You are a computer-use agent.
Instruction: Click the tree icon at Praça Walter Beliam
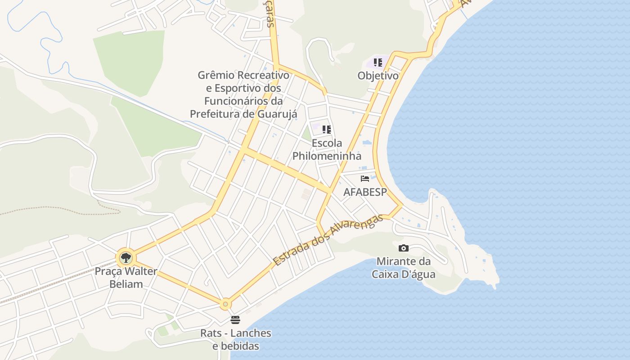[126, 258]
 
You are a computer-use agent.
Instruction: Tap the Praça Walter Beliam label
[126, 278]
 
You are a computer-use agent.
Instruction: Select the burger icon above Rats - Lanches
[235, 320]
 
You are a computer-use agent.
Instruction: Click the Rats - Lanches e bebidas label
[236, 340]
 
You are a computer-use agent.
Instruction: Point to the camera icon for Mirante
[404, 248]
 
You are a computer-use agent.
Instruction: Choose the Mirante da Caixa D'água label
[404, 268]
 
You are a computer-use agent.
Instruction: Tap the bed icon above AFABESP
[365, 179]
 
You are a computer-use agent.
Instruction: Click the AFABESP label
[365, 192]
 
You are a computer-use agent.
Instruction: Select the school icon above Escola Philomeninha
[327, 130]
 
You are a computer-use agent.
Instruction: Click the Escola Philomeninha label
[327, 149]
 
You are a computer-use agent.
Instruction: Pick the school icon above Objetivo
[378, 63]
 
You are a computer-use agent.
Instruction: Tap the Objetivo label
[378, 76]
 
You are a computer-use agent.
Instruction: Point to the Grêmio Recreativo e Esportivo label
[243, 94]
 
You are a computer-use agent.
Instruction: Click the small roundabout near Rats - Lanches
[225, 304]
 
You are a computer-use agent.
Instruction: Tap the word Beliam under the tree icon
[126, 284]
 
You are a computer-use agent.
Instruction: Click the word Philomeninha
[327, 156]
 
